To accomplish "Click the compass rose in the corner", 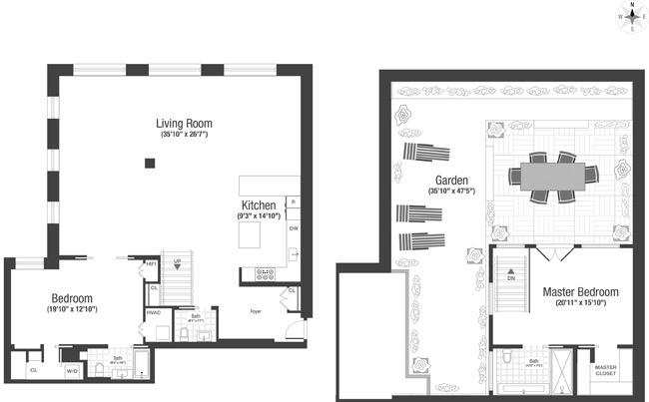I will tap(629, 16).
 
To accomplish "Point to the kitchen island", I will tap(249, 236).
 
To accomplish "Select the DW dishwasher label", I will tap(293, 228).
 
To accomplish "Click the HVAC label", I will tap(153, 311).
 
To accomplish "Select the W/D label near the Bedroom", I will tap(73, 372).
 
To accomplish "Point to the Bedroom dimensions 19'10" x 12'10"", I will tap(72, 309).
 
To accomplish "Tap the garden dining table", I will tap(555, 176).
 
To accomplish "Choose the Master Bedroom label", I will tap(580, 292).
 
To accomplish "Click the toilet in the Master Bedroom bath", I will tap(506, 356).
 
